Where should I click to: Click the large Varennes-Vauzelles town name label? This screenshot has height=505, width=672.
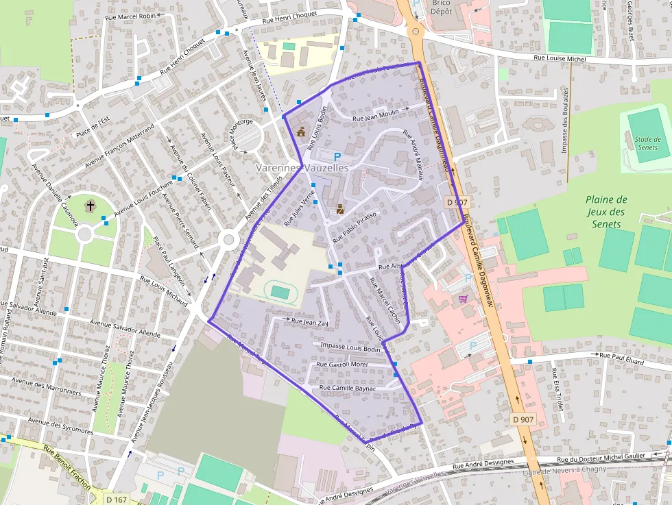click(302, 168)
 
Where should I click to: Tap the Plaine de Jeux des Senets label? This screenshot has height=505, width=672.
click(607, 211)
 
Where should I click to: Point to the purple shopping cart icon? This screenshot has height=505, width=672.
click(464, 298)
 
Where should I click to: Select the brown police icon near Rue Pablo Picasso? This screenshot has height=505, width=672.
click(339, 210)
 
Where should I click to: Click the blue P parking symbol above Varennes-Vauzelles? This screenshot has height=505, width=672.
click(337, 156)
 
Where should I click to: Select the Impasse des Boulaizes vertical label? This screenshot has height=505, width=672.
click(566, 121)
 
